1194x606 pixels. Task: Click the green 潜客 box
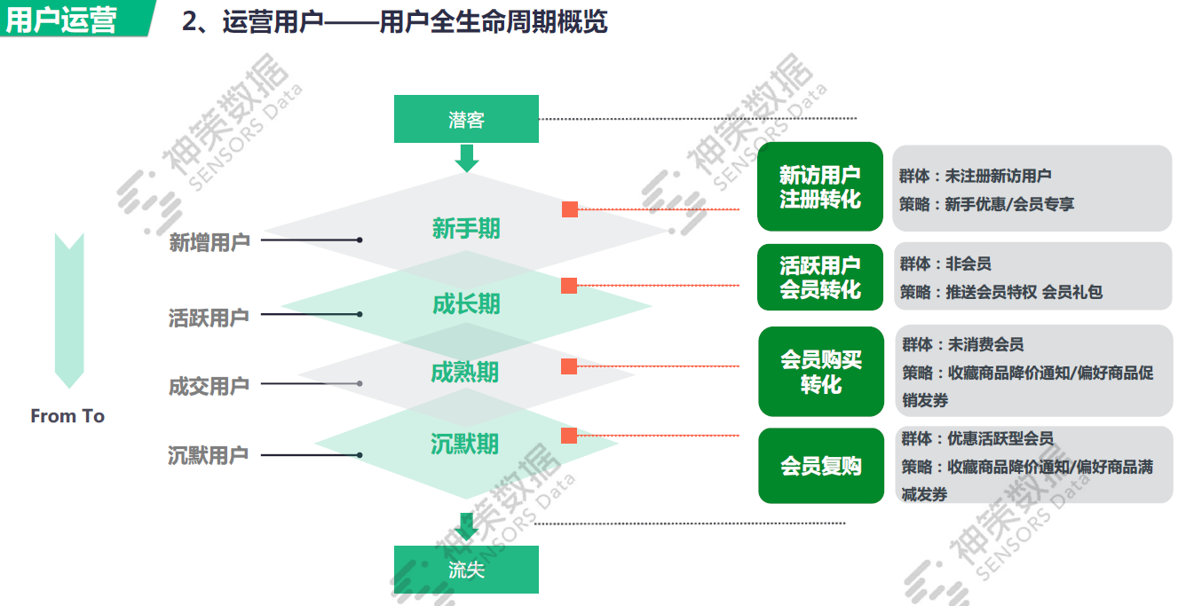tap(466, 119)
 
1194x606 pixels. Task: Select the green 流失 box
tap(466, 570)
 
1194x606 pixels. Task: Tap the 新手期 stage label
tap(466, 229)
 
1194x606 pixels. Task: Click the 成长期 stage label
tap(466, 304)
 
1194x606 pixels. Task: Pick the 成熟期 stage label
tap(464, 373)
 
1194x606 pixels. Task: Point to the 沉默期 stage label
tap(464, 444)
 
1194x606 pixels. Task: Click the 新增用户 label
tap(210, 241)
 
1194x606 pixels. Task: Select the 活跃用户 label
tap(210, 316)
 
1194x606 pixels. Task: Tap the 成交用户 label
tap(210, 386)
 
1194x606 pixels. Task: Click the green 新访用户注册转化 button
tap(820, 187)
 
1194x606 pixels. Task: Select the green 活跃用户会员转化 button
tap(820, 277)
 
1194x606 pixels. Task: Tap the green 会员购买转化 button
tap(821, 372)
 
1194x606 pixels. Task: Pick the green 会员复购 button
tap(821, 466)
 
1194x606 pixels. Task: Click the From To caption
tap(67, 416)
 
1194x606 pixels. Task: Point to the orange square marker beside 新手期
tap(570, 209)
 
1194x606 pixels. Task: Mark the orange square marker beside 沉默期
tap(569, 436)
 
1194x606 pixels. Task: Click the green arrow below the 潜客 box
tap(466, 158)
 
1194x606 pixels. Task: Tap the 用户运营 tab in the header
tap(62, 20)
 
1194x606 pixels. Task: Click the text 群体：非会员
tap(945, 264)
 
